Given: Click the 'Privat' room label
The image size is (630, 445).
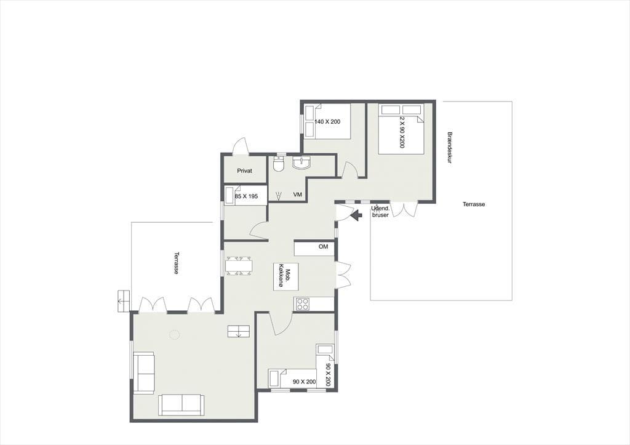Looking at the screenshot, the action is (x=244, y=171).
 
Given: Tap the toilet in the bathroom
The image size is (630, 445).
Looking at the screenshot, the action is (x=279, y=163).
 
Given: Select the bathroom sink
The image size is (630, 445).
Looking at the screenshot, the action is (x=301, y=163).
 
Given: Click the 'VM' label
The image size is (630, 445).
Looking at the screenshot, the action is (x=297, y=194).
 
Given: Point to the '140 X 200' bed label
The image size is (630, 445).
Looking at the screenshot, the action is (x=327, y=121).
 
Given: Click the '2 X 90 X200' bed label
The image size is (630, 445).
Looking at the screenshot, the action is (x=402, y=132).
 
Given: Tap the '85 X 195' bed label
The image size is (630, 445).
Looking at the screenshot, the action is (x=246, y=196).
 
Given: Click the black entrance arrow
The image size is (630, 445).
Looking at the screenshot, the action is (x=356, y=216).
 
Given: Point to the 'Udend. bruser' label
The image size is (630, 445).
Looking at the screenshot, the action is (x=380, y=212).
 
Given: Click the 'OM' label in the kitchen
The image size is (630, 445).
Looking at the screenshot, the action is (x=324, y=246).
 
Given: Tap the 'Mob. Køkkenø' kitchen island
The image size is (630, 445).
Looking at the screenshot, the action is (x=285, y=276).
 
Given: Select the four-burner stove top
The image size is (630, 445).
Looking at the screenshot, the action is (x=303, y=304).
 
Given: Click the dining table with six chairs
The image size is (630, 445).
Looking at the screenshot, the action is (x=239, y=266).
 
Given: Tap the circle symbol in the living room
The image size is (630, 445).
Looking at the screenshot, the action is (x=174, y=334).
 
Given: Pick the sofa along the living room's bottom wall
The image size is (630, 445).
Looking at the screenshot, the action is (x=181, y=405).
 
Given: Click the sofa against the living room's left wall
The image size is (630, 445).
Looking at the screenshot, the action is (x=143, y=373).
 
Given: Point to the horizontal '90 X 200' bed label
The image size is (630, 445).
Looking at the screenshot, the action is (x=304, y=382).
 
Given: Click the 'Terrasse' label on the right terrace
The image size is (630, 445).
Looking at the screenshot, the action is (x=474, y=204).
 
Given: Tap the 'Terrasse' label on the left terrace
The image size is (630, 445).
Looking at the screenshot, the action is (x=176, y=263).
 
